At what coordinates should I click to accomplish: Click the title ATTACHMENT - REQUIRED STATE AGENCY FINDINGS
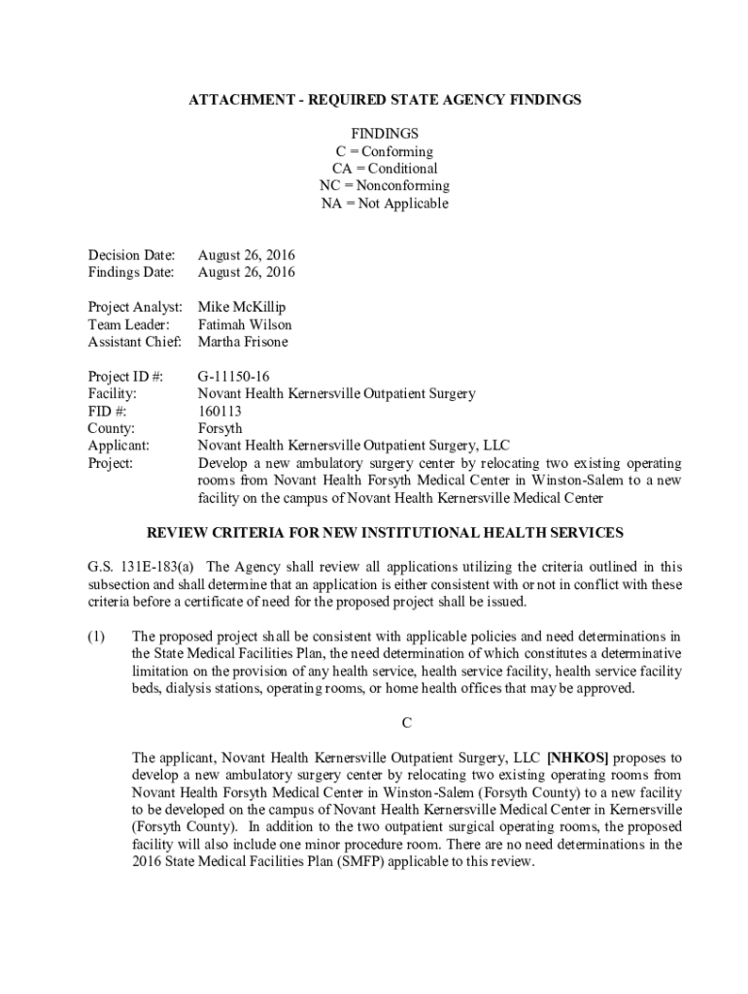pos(385,100)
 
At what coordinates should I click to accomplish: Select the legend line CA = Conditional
pos(385,169)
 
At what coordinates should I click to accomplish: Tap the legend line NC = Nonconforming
pos(385,186)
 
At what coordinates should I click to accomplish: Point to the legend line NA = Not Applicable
pos(385,204)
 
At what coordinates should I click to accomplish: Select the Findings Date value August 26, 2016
pos(247,273)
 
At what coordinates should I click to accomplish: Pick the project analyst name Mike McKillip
pos(242,308)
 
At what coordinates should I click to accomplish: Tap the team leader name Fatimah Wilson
pos(245,325)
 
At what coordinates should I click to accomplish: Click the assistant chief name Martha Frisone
pos(243,343)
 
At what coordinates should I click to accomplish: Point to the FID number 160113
pos(220,412)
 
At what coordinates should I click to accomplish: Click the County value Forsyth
pos(221,429)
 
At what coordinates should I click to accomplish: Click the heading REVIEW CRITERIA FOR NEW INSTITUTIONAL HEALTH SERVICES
pos(385,533)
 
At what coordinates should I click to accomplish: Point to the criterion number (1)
pos(96,637)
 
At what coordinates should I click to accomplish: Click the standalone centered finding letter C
pos(407,723)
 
